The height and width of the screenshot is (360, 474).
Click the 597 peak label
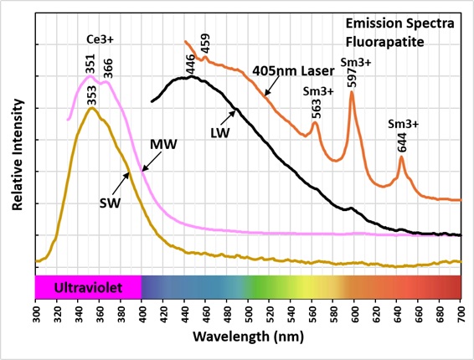point(353,77)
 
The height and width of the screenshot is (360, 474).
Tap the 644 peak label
point(402,142)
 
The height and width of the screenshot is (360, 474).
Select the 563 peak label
point(316,109)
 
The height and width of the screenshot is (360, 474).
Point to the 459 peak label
point(205,44)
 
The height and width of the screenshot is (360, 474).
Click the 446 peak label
point(191,64)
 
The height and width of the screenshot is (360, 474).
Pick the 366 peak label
point(108,69)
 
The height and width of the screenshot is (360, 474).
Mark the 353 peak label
point(91,95)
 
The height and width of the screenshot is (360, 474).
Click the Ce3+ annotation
point(100,39)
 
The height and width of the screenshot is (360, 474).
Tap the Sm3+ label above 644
point(404,124)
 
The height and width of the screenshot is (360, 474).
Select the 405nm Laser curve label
point(293,71)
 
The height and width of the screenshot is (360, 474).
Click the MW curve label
point(163,145)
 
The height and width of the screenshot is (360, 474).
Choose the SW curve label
point(110,203)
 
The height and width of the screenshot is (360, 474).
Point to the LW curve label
point(220,133)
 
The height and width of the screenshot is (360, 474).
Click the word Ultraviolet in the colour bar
point(88,287)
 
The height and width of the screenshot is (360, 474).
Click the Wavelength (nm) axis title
point(248,337)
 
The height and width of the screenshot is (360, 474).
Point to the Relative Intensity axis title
point(18,154)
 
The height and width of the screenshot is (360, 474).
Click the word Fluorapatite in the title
point(385,42)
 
